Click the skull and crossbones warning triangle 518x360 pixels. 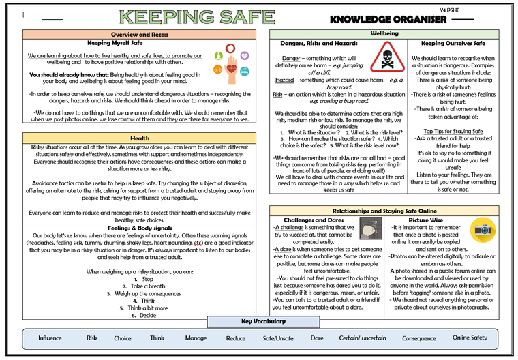(387, 56)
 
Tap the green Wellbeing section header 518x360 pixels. (389, 33)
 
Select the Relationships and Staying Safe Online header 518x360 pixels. (389, 211)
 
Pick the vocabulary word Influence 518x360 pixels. (50, 338)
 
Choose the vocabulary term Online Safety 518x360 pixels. (470, 338)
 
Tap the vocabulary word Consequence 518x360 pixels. (418, 338)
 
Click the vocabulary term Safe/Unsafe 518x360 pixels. (278, 338)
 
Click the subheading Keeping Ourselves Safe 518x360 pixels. (453, 43)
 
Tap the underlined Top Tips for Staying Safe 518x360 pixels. (453, 131)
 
